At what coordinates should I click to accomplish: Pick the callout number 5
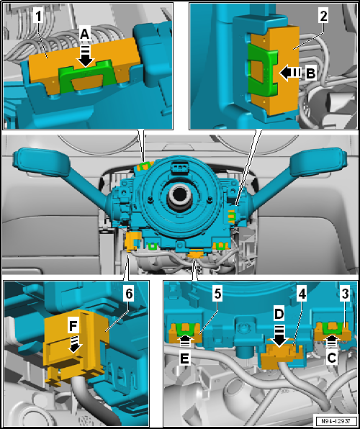click(x=196, y=295)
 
